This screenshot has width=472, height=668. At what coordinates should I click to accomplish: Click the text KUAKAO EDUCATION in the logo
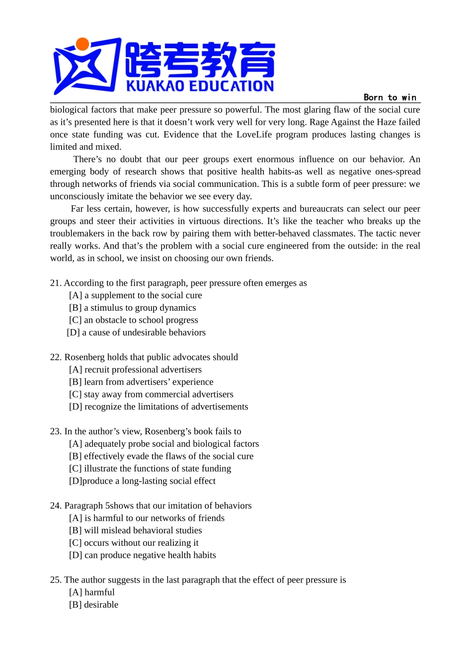[x=200, y=86]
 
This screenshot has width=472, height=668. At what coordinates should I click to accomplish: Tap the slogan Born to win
[x=390, y=97]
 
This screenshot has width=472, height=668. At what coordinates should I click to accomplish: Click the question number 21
[x=55, y=283]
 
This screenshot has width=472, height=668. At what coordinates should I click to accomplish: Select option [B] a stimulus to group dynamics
[x=132, y=308]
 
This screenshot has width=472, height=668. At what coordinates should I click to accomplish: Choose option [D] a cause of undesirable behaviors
[x=136, y=333]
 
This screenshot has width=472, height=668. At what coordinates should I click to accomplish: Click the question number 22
[x=55, y=357]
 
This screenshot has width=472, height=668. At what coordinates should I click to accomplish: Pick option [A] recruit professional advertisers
[x=135, y=370]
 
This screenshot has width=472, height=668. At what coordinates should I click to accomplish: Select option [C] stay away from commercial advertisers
[x=151, y=395]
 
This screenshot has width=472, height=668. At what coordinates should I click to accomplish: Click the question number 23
[x=55, y=432]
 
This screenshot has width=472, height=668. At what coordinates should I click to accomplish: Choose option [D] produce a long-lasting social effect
[x=142, y=481]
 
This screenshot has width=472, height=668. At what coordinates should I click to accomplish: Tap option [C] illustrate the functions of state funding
[x=150, y=469]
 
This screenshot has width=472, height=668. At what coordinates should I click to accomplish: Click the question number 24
[x=55, y=506]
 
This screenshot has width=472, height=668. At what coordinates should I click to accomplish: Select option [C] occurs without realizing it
[x=134, y=543]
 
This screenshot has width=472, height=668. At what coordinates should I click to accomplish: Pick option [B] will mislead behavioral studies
[x=135, y=531]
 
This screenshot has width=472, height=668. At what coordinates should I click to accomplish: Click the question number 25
[x=55, y=580]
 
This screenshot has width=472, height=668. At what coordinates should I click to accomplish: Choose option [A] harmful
[x=92, y=592]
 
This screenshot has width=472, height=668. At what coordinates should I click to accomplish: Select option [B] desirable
[x=93, y=605]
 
